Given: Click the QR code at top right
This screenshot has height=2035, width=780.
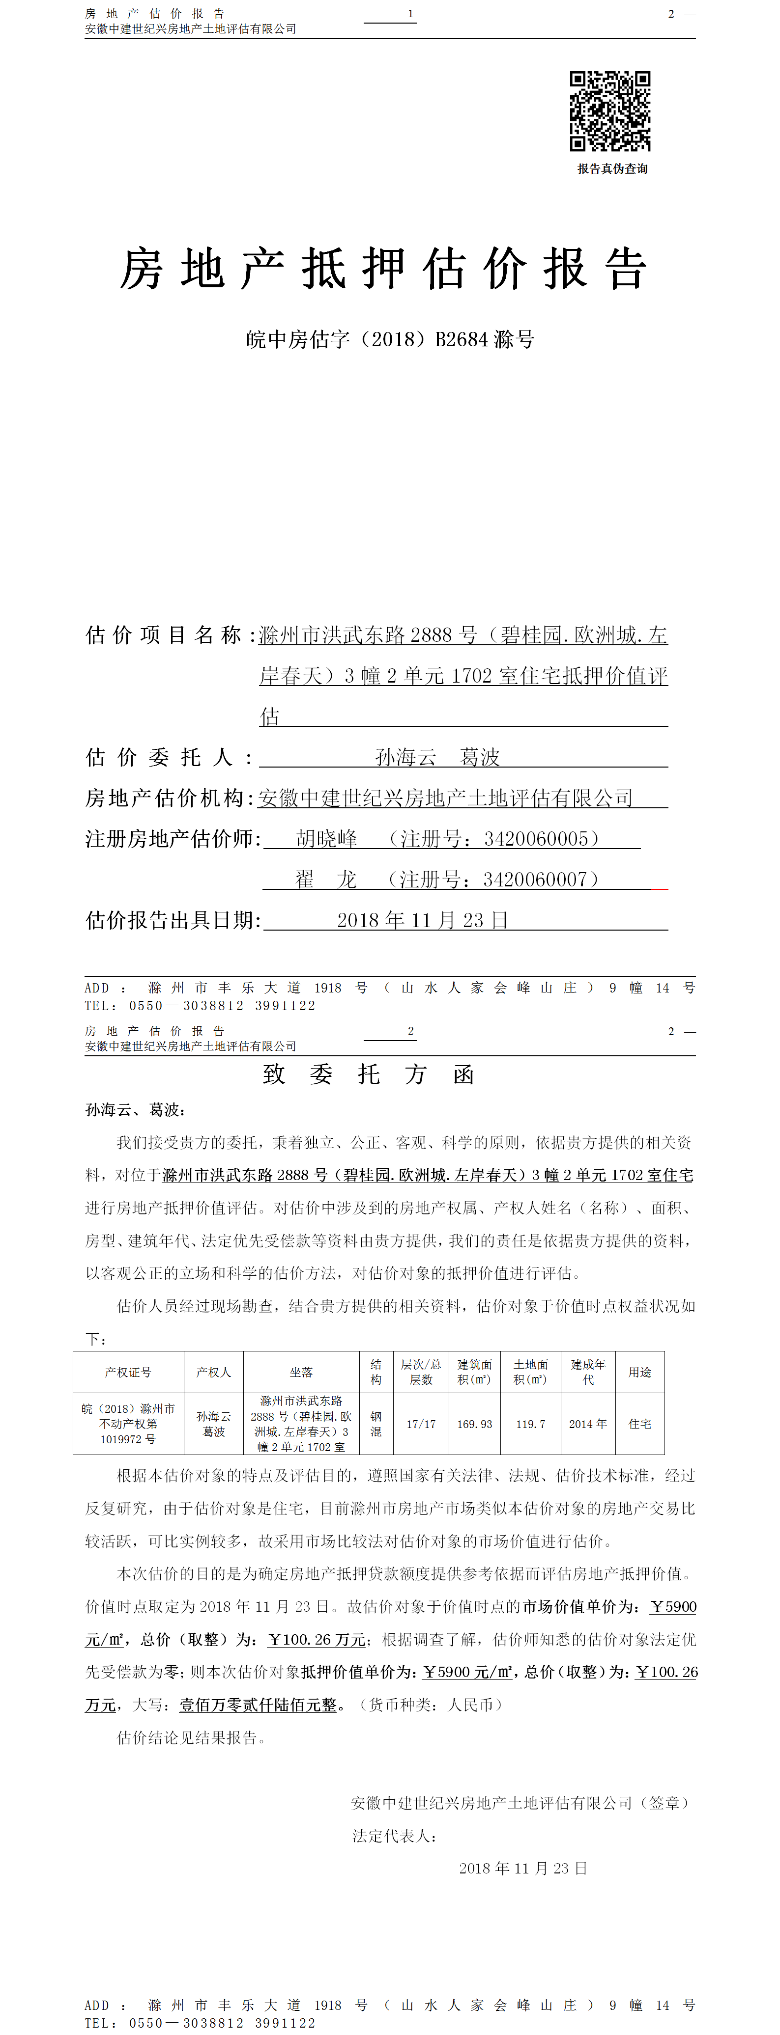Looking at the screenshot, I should coord(610,111).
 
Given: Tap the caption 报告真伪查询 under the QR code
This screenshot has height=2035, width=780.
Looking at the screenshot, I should coord(612,169).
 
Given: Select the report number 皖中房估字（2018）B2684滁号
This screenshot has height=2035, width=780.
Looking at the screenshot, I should coord(390,340).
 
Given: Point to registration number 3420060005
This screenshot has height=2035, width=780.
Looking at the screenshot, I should coord(536,839).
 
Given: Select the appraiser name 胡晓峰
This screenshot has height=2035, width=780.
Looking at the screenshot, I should coord(326,839).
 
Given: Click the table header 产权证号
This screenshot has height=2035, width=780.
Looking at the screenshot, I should coord(128,1372).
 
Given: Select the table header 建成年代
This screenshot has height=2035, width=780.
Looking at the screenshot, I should coord(588,1372).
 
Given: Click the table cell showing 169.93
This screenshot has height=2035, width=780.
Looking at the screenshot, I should coord(474,1424).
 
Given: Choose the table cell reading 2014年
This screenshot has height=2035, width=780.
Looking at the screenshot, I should coord(588,1424).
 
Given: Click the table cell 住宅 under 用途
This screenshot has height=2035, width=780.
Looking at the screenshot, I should coord(639,1424).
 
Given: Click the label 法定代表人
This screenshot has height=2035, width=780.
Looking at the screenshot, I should coord(394,1836).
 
